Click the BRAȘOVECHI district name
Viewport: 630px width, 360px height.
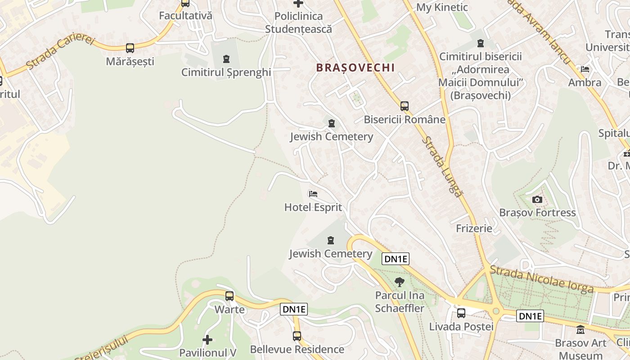[355, 68]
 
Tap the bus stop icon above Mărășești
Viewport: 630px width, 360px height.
[130, 48]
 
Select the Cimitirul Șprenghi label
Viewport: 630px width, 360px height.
[226, 72]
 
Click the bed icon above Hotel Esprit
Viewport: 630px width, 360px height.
[313, 194]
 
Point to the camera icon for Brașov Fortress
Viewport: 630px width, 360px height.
[537, 200]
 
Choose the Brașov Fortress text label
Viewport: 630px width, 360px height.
[537, 212]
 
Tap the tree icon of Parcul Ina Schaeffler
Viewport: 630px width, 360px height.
[399, 283]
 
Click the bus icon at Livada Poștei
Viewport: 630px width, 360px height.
[461, 313]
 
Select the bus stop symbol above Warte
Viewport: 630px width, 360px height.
[229, 296]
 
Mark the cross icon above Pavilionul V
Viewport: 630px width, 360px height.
[207, 339]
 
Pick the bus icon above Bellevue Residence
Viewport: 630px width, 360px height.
[297, 336]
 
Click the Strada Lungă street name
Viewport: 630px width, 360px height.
[442, 166]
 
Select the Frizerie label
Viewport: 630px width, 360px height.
[474, 228]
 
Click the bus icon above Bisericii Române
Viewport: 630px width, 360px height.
[405, 106]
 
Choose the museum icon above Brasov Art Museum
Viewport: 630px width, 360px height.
[580, 330]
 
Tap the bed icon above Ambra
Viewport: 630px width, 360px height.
[585, 69]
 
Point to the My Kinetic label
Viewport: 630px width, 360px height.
[442, 7]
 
